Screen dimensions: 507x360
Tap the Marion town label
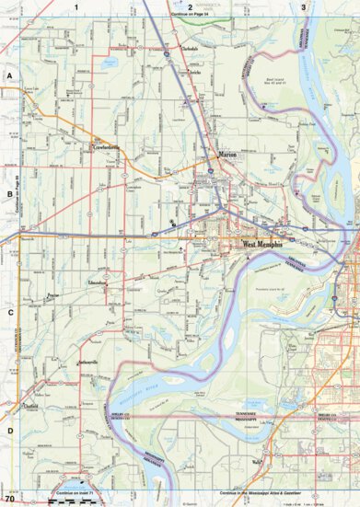[x=228, y=157]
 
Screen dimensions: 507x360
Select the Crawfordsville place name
[x=106, y=145]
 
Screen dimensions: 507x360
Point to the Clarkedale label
[x=190, y=49]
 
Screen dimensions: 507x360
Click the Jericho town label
[x=195, y=72]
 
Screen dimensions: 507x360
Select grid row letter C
[x=10, y=312]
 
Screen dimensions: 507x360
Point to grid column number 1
[x=78, y=6]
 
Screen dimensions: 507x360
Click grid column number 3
[x=303, y=6]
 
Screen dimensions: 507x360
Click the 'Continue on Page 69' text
[x=18, y=195]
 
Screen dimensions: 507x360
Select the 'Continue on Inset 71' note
[x=75, y=493]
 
